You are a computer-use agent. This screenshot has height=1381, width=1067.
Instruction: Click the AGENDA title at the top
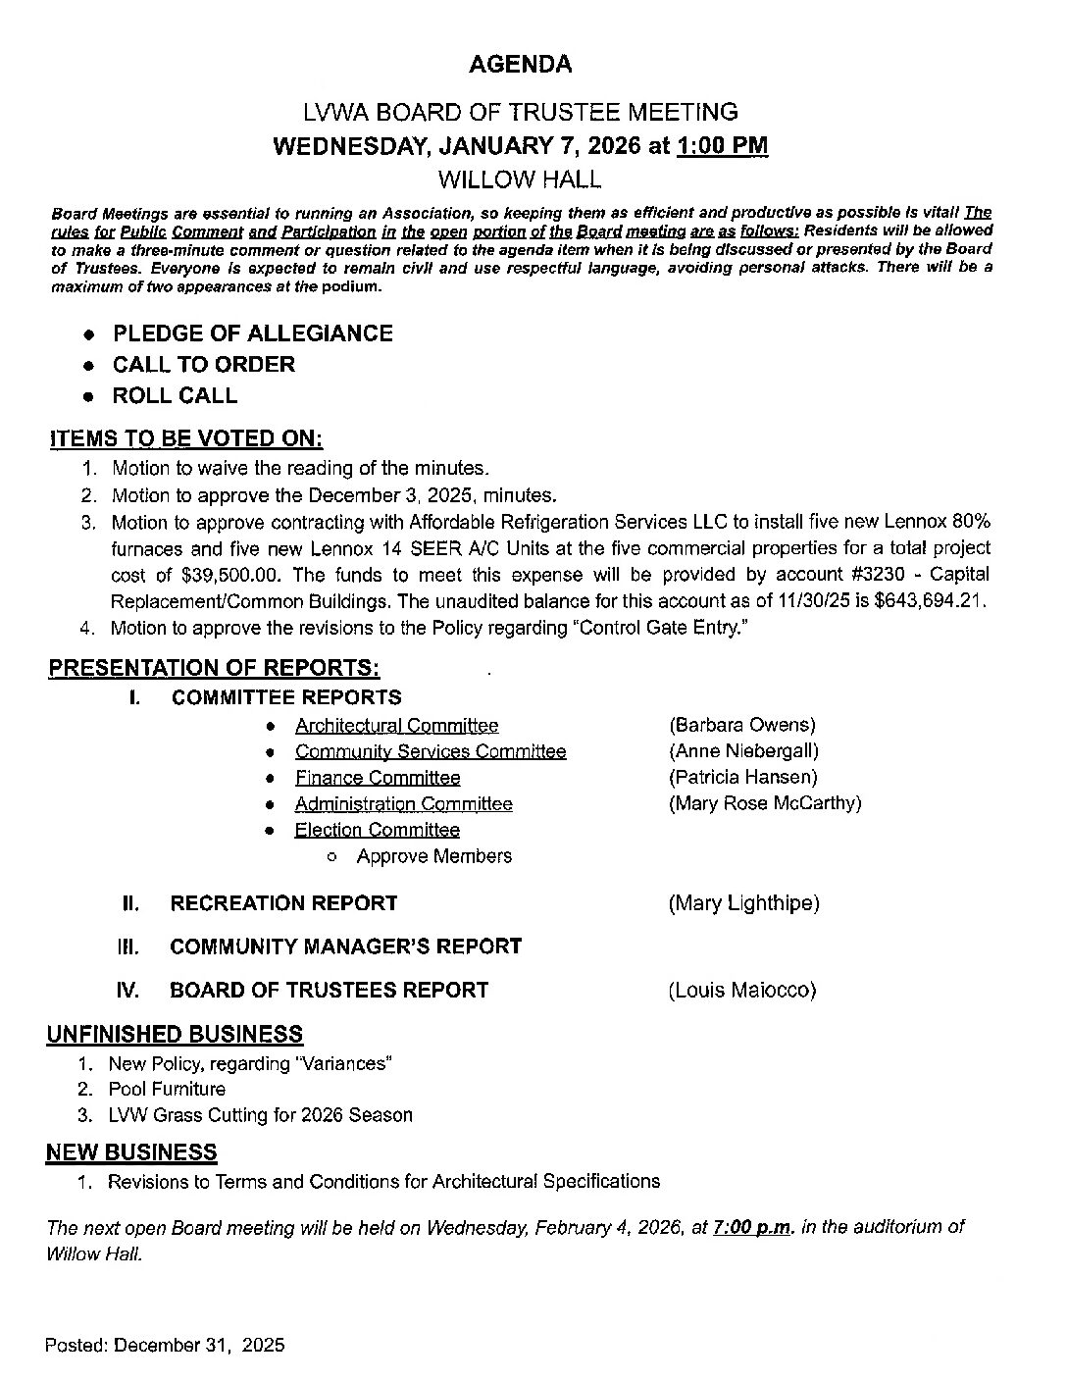click(520, 65)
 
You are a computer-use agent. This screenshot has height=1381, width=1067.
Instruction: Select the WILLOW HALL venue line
click(520, 179)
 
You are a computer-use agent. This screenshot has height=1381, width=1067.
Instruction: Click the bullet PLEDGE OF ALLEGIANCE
click(252, 333)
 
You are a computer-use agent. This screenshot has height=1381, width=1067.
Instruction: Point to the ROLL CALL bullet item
click(175, 396)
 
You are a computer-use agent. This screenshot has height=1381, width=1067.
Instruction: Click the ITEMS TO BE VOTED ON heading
click(186, 438)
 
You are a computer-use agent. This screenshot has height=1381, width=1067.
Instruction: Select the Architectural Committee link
click(396, 726)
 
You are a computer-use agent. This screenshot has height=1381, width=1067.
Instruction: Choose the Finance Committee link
click(378, 778)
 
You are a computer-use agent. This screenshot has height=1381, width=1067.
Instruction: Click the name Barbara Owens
click(742, 726)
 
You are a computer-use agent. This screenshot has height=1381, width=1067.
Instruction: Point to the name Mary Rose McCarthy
click(765, 803)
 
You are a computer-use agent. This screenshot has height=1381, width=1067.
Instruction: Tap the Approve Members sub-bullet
click(433, 856)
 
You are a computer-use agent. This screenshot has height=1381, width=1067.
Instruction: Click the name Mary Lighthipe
click(743, 903)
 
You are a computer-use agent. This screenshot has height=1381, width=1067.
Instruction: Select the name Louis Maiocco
click(742, 991)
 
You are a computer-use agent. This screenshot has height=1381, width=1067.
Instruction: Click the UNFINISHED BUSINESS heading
click(175, 1035)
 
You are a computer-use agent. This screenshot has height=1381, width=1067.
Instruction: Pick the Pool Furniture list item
click(167, 1089)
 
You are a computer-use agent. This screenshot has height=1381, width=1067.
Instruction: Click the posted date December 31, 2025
click(199, 1345)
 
